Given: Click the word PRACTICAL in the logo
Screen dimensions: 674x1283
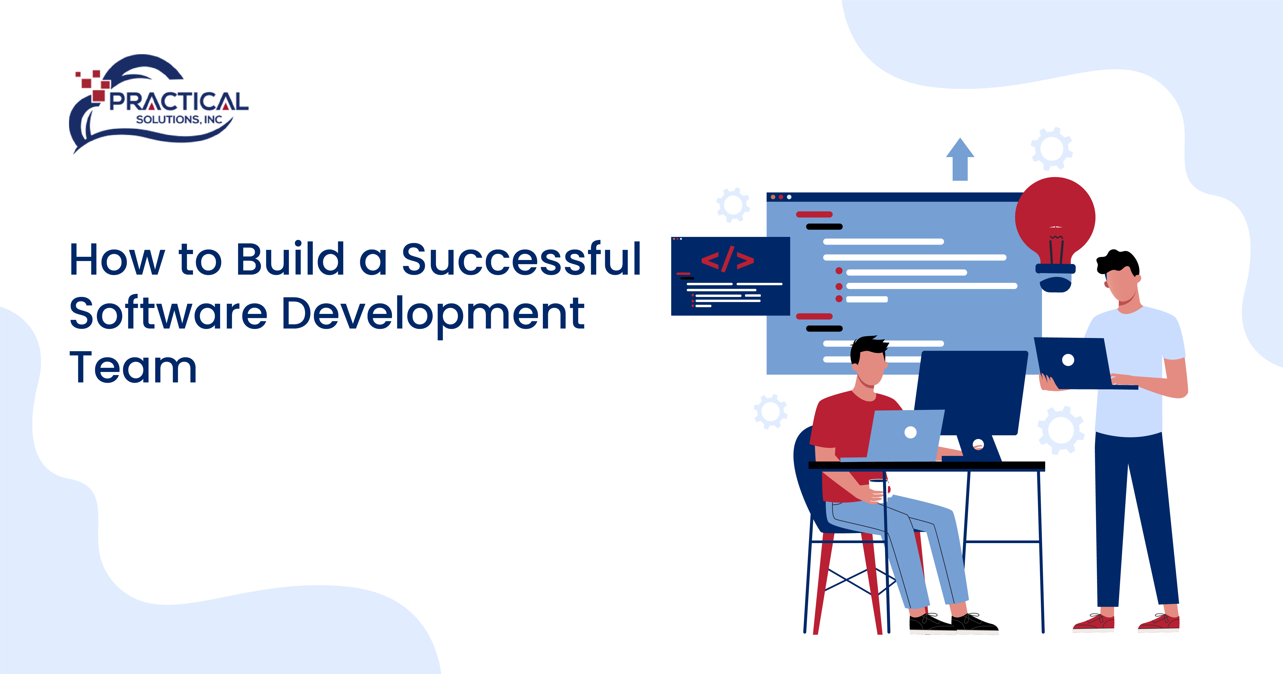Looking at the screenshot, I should [x=178, y=102].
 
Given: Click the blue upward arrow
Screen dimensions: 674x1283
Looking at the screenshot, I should [x=960, y=159].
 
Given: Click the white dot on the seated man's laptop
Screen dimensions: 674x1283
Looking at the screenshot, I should [x=910, y=432].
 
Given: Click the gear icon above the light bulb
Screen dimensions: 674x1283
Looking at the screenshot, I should [x=1051, y=148].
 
